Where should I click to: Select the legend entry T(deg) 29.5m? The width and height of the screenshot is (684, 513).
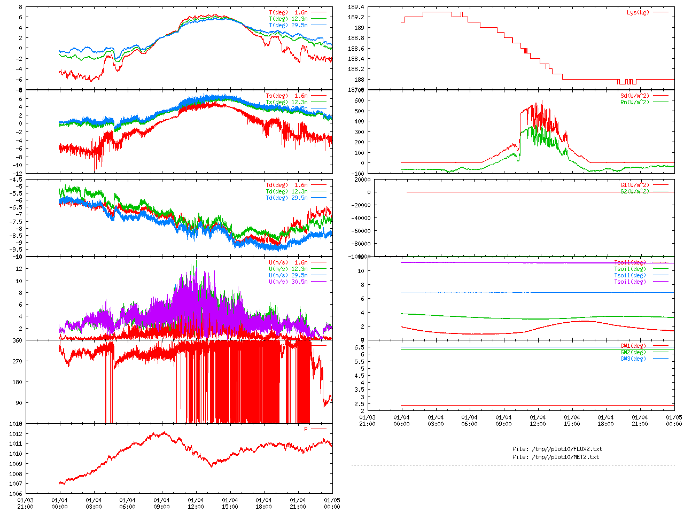click(288, 25)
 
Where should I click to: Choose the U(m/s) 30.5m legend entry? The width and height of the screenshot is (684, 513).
click(288, 282)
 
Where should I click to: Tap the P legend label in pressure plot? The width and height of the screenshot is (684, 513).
click(306, 429)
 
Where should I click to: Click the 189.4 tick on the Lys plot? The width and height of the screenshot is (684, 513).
click(356, 7)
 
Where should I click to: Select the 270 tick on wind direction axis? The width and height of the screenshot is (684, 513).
click(17, 361)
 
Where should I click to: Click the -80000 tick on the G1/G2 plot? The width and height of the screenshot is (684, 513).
click(359, 244)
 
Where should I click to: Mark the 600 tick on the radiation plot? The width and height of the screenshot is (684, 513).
click(359, 100)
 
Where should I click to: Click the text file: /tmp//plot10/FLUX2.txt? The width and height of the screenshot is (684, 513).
click(557, 449)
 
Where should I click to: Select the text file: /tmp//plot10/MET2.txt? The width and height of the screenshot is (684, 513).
click(556, 457)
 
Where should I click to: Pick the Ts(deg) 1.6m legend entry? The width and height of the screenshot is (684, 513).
click(286, 96)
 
